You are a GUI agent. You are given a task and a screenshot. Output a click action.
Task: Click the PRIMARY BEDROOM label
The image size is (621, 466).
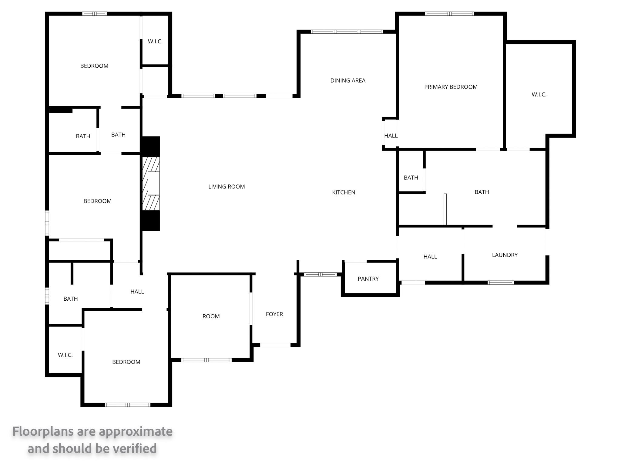451,87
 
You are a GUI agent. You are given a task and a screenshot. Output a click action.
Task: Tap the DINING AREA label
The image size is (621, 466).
348,80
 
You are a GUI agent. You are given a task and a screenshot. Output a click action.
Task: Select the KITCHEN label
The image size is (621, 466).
344,192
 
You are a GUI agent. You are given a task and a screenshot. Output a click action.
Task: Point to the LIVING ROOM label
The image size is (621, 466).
227,187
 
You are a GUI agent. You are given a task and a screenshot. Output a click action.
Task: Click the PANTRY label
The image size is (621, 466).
368,279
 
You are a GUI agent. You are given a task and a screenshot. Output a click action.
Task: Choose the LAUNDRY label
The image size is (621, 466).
505,255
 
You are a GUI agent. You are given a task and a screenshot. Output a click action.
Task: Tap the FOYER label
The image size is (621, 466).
274,314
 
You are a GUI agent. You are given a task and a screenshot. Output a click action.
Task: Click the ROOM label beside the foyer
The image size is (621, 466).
211,316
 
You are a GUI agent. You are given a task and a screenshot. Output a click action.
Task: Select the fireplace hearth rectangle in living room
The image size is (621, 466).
154,183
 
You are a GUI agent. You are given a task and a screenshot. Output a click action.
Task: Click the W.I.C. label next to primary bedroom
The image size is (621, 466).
539,94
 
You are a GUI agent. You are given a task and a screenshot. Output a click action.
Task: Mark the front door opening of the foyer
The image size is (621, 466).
275,345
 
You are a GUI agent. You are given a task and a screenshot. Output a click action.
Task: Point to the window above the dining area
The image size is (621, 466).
347,32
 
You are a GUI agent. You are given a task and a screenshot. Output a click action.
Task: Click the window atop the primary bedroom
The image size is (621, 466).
449,14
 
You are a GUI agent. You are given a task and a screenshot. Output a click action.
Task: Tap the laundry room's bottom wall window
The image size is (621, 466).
501,282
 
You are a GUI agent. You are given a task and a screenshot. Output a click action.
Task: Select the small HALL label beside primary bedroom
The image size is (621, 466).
391,136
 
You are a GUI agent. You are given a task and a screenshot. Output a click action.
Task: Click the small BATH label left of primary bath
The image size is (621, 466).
411,177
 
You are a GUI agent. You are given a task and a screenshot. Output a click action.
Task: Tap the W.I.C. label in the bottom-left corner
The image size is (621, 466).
65,355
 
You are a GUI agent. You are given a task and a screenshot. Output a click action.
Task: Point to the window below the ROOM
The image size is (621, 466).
206,360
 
